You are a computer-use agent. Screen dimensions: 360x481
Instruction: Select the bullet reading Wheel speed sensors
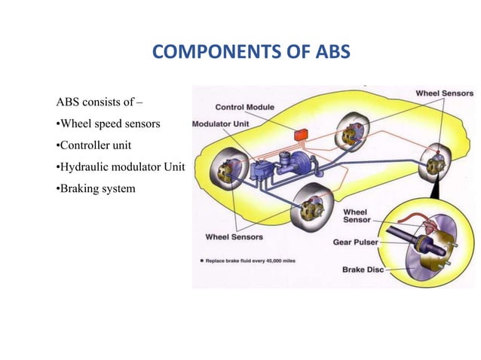pos(109,123)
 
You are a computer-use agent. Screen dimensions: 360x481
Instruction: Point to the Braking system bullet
pos(96,188)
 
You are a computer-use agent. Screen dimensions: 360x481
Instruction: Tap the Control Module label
pos(247,107)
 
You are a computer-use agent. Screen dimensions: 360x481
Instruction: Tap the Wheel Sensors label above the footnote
pos(234,237)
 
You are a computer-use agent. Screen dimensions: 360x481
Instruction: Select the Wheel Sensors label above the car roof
pos(444,93)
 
